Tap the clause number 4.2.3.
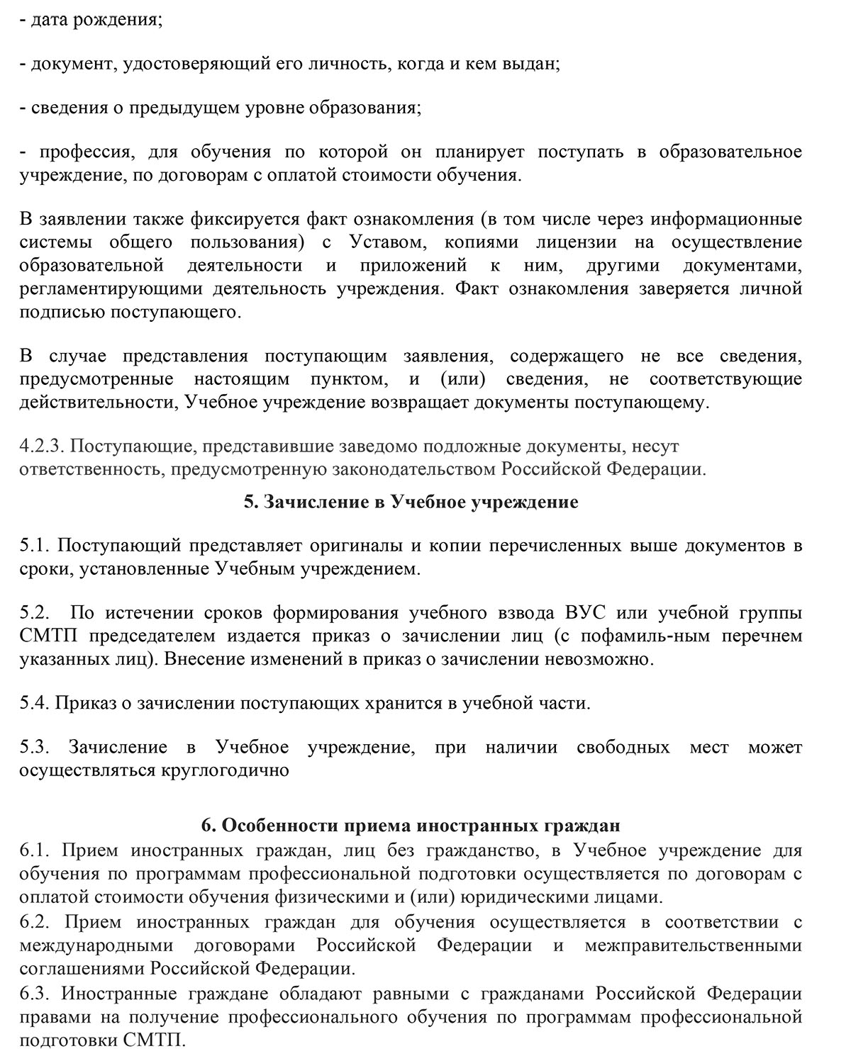(43, 446)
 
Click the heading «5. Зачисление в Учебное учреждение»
(411, 502)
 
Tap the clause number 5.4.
(34, 703)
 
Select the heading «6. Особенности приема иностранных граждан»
(411, 826)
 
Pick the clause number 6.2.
(34, 922)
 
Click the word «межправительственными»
(693, 945)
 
